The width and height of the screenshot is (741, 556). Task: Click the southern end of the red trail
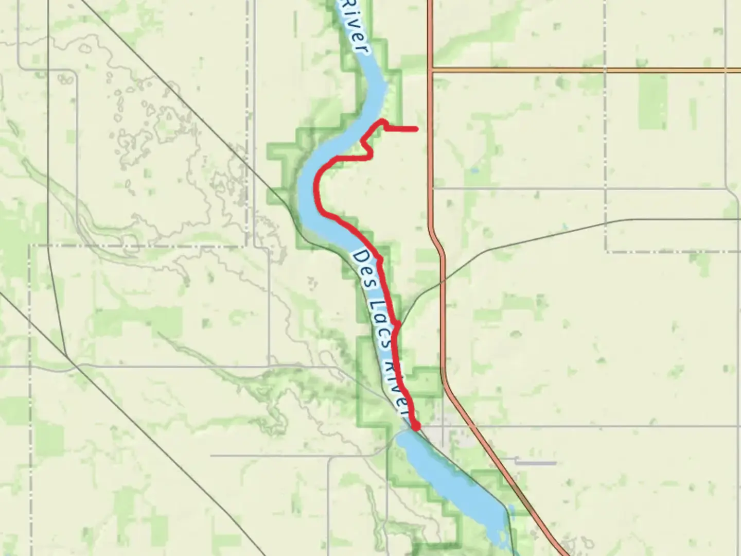point(416,426)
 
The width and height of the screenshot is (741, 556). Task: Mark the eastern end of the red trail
point(415,128)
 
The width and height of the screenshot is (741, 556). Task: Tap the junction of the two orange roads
point(430,69)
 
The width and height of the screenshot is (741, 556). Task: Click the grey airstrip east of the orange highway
point(535,463)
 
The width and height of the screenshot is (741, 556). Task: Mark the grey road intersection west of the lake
point(329,456)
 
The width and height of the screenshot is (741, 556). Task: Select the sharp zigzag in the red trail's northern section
point(367,147)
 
